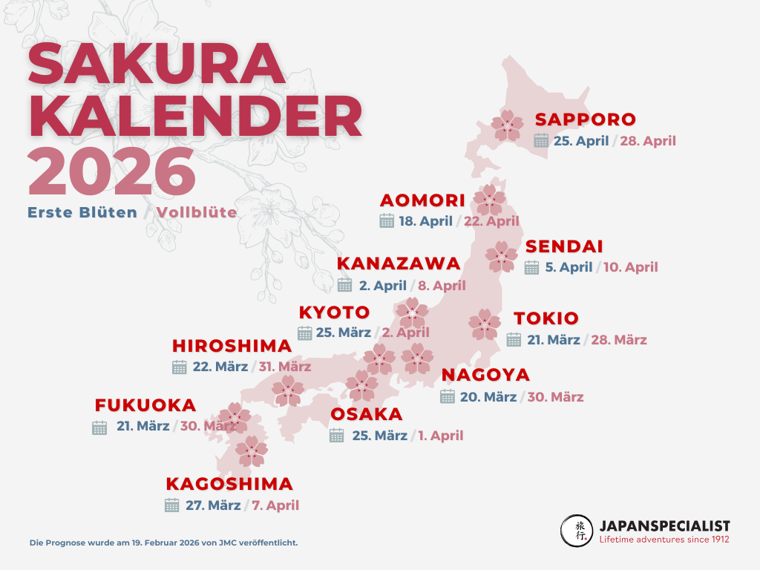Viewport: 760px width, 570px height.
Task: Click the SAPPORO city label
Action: tap(586, 119)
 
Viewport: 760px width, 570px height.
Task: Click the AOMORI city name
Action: tap(422, 200)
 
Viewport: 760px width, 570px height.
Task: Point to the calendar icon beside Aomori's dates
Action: tap(386, 220)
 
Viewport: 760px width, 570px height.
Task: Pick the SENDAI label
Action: tap(564, 247)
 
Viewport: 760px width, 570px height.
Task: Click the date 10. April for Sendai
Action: tap(631, 267)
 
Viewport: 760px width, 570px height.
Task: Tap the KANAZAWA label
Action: tap(399, 264)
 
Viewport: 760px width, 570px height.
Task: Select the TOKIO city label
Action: tap(546, 319)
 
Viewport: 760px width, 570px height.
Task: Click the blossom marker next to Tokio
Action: tap(485, 324)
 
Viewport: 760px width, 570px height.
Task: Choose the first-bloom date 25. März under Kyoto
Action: tap(343, 332)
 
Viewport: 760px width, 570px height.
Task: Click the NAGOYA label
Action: tap(485, 375)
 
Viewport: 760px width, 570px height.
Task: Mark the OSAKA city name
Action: tap(367, 414)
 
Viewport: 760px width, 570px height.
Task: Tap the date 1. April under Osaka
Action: tap(440, 436)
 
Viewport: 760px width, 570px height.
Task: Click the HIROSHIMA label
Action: tap(232, 346)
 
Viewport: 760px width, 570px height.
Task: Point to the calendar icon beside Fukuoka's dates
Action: tap(99, 427)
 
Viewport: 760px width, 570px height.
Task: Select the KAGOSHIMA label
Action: tap(229, 485)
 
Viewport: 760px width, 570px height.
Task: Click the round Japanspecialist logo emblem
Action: tap(577, 530)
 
